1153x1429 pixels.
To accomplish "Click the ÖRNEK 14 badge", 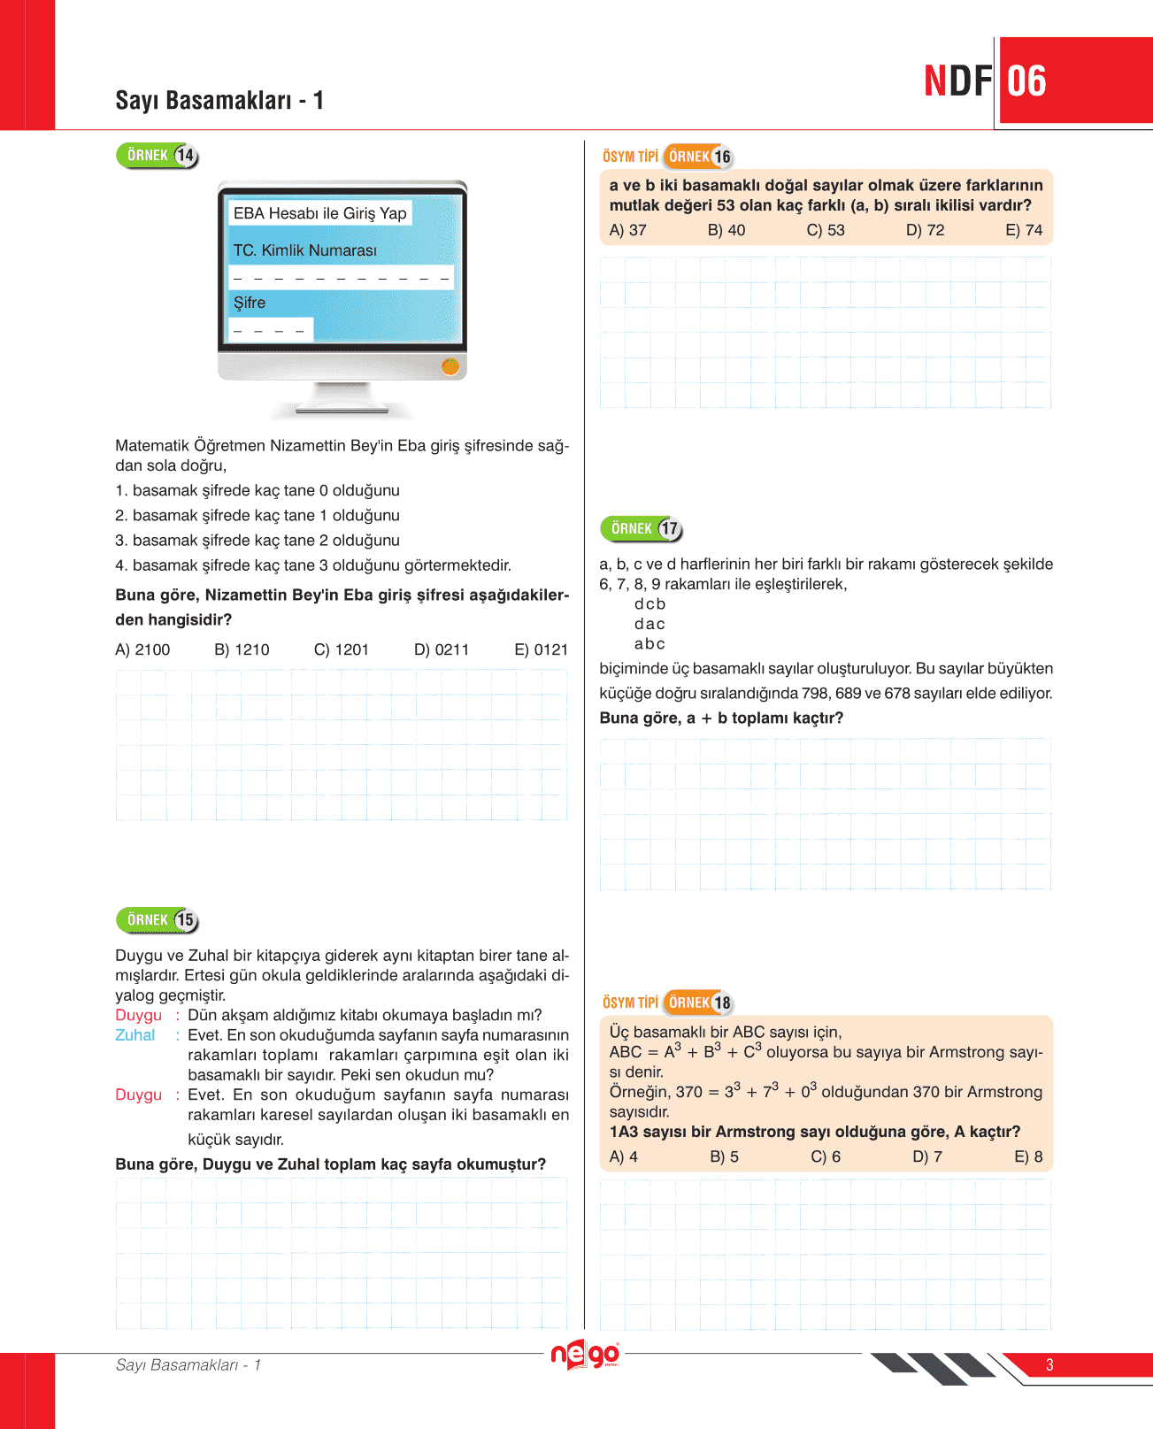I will click(x=158, y=156).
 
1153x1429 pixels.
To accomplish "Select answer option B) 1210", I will click(x=242, y=649).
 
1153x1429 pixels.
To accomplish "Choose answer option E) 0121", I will click(x=541, y=649).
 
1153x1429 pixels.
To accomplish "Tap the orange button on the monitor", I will click(x=450, y=366).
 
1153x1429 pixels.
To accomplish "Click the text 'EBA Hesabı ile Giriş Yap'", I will click(x=319, y=213).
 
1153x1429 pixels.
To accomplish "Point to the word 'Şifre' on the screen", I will click(x=250, y=303).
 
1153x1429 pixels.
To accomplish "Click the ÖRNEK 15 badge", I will click(x=158, y=920).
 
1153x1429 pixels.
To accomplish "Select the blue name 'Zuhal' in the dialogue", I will click(x=135, y=1035).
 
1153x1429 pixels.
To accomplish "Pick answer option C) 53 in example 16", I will click(x=826, y=230).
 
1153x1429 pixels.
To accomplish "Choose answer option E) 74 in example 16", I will click(x=1024, y=230).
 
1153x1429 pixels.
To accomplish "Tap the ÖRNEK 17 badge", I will click(x=642, y=529).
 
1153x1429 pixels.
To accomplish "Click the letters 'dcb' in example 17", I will click(x=650, y=604).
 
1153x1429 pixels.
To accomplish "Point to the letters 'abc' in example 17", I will click(x=650, y=644).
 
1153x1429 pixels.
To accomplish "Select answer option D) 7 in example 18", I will click(x=926, y=1156).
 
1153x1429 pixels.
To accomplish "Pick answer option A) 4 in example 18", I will click(x=624, y=1156).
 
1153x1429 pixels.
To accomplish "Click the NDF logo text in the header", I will click(x=958, y=81).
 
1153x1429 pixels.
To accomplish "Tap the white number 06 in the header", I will click(x=1026, y=81).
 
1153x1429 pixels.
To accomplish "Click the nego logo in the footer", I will click(x=584, y=1355).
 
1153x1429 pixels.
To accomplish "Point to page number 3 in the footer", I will click(x=1049, y=1364).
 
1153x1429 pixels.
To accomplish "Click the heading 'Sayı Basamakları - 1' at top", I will click(x=219, y=100).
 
